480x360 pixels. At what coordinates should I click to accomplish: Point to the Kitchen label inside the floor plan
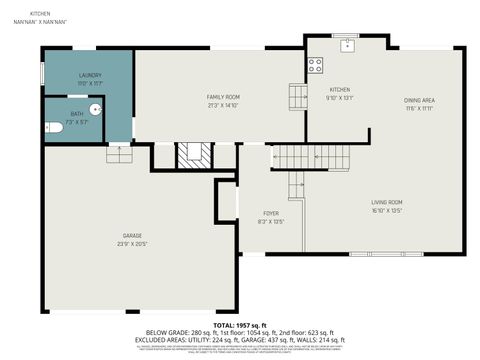[x=339, y=89]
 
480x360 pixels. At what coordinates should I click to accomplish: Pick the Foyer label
[x=271, y=213]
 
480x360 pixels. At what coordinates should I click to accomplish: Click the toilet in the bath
[x=54, y=127]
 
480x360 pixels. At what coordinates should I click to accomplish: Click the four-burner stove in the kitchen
[x=315, y=66]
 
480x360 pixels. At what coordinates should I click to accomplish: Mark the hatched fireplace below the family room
[x=193, y=155]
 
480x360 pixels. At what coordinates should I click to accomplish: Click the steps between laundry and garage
[x=119, y=153]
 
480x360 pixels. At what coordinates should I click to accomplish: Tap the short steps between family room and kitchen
[x=298, y=96]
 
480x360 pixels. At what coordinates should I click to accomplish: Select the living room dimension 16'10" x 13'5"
[x=385, y=211]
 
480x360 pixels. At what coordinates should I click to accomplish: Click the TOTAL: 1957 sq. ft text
[x=239, y=325]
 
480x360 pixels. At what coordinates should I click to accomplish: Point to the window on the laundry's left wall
[x=41, y=75]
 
